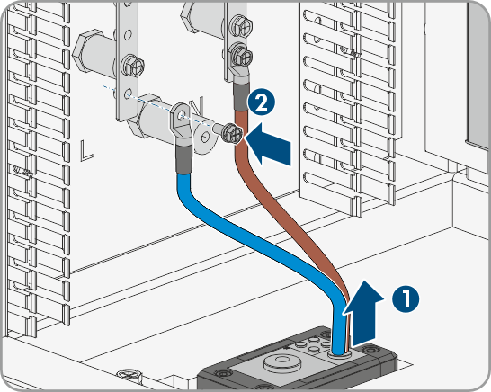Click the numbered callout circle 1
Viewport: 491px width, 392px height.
pyautogui.click(x=406, y=299)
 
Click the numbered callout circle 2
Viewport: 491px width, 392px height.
pyautogui.click(x=261, y=102)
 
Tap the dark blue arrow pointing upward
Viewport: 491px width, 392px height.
pyautogui.click(x=363, y=313)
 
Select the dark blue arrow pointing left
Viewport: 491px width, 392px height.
pyautogui.click(x=268, y=144)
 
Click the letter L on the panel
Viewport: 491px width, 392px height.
pyautogui.click(x=85, y=151)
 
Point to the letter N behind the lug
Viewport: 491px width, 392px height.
pyautogui.click(x=198, y=106)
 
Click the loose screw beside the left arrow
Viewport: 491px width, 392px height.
pyautogui.click(x=229, y=134)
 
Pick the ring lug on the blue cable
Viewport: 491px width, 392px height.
pyautogui.click(x=180, y=125)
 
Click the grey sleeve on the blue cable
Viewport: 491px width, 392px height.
pyautogui.click(x=183, y=159)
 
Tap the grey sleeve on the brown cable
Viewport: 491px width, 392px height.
pyautogui.click(x=241, y=97)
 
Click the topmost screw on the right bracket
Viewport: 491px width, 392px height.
pyautogui.click(x=241, y=24)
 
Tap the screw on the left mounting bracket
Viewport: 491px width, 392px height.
pyautogui.click(x=132, y=65)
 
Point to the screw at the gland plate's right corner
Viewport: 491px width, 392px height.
pyautogui.click(x=371, y=348)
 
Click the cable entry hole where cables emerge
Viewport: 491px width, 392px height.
pyautogui.click(x=339, y=354)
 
